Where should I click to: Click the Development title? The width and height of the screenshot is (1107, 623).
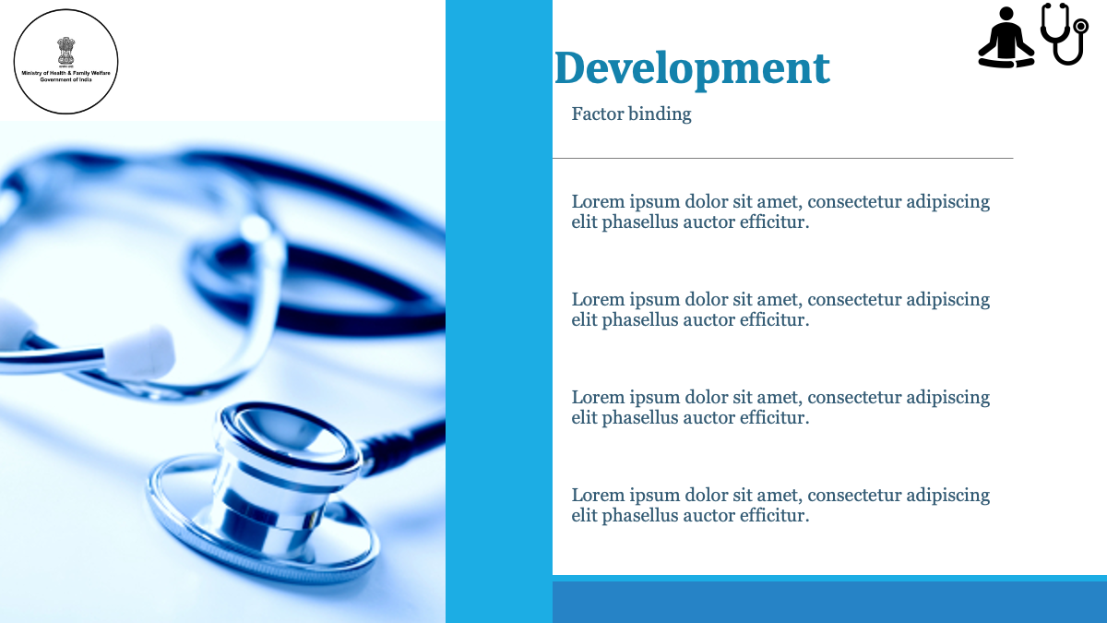pyautogui.click(x=692, y=69)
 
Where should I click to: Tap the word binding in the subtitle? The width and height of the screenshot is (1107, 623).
pyautogui.click(x=660, y=114)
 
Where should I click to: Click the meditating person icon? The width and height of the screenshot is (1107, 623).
pyautogui.click(x=1006, y=38)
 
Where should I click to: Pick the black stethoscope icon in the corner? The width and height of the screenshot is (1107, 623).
pyautogui.click(x=1065, y=33)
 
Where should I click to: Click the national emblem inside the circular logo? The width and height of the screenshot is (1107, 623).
pyautogui.click(x=65, y=51)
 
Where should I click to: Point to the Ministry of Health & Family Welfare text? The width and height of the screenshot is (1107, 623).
pyautogui.click(x=65, y=73)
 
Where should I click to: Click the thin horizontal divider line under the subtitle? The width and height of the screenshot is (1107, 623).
pyautogui.click(x=783, y=158)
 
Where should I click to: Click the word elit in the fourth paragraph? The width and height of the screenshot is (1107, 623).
pyautogui.click(x=585, y=516)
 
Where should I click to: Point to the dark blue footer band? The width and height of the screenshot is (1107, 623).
pyautogui.click(x=829, y=602)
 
